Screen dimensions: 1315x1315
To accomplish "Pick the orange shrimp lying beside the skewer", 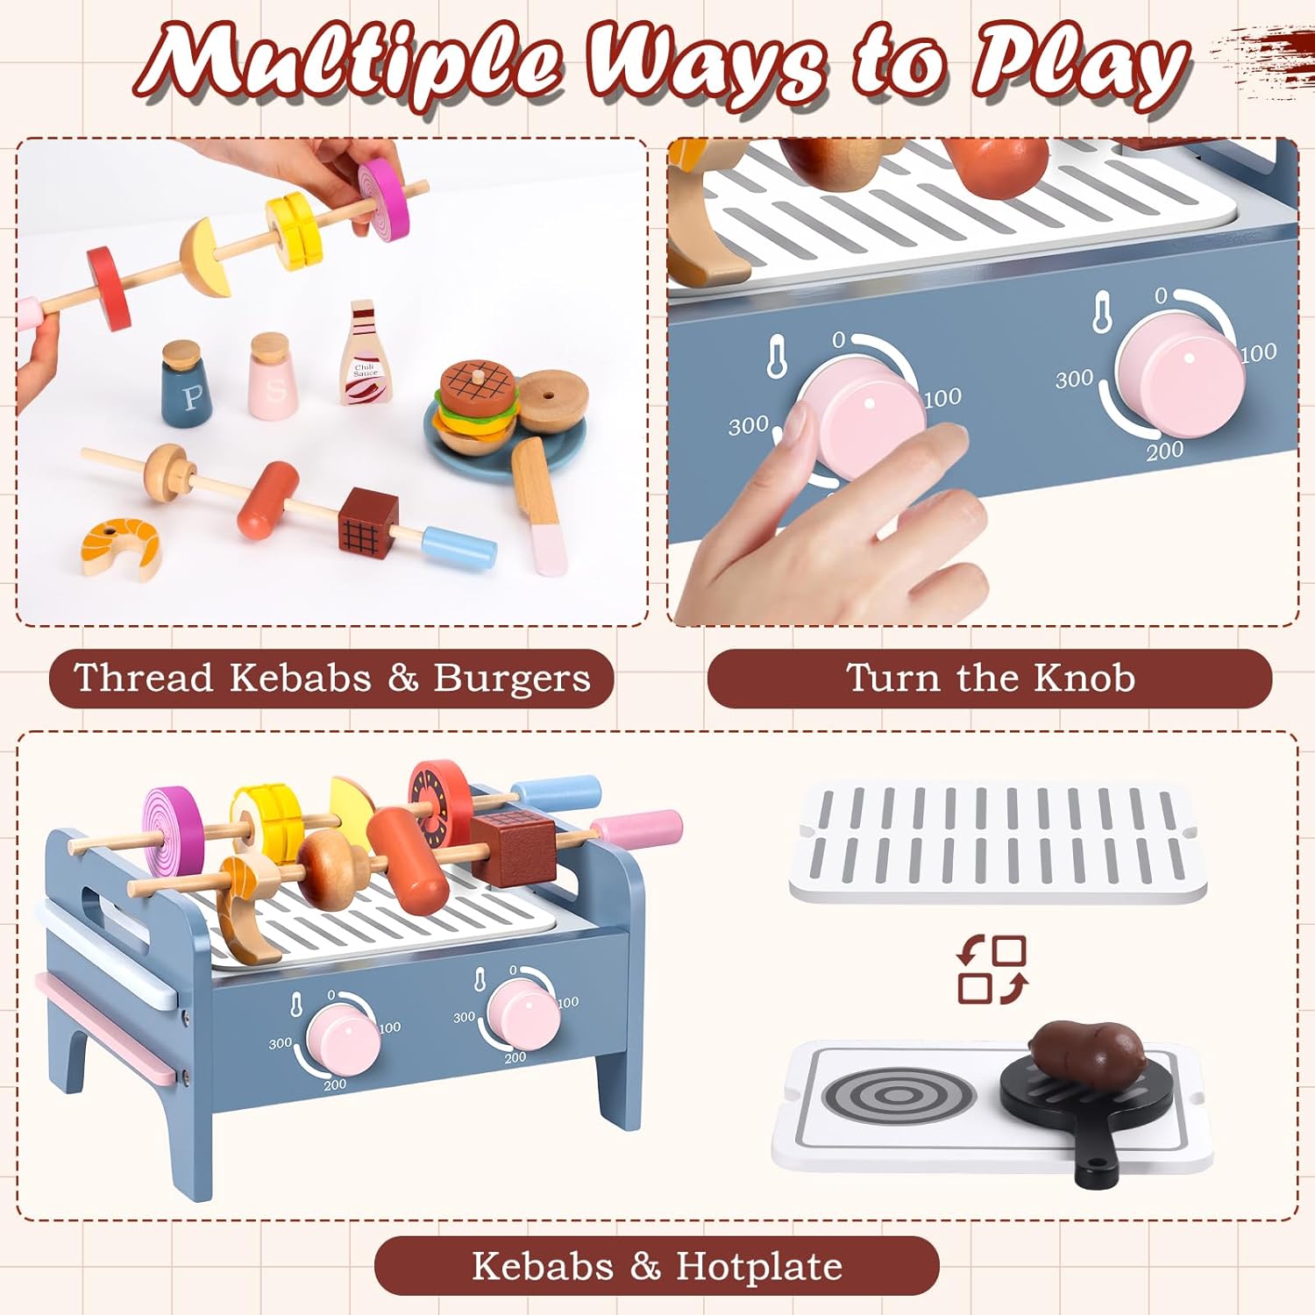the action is point(121,547).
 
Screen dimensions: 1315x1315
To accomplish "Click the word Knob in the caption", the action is point(1084,679).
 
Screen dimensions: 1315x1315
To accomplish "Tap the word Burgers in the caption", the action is point(512,679).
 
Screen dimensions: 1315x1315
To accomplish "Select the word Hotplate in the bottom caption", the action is point(759,1267).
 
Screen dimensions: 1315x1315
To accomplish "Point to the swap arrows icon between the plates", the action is point(992,970).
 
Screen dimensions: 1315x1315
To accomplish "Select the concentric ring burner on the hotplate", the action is point(898,1095).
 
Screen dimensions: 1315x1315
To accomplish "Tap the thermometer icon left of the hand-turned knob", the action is point(776,355).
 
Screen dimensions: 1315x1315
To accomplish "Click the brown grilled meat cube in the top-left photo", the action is point(368,521).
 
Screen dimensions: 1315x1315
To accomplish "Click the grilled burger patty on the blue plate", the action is point(475,383).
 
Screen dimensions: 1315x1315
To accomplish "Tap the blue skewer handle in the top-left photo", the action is point(459,545).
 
